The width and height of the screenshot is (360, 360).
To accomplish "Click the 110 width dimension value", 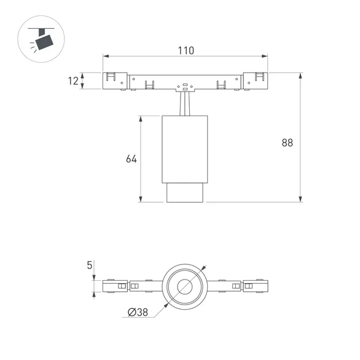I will point(185,51).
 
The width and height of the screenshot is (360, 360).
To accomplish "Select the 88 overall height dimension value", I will point(287,143).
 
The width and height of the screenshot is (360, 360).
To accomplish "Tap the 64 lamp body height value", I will point(131,158).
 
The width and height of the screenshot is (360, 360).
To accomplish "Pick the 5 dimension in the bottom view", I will point(90,265).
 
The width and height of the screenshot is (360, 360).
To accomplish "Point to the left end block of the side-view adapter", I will point(114,80).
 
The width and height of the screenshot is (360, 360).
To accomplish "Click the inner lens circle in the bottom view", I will point(185,286).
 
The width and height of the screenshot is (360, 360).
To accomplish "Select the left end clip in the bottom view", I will point(114,286).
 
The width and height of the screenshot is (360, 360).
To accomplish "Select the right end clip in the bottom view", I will point(256,286).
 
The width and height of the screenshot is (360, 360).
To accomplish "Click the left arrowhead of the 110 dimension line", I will point(106,57).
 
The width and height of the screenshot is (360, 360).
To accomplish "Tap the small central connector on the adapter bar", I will point(185,87).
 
